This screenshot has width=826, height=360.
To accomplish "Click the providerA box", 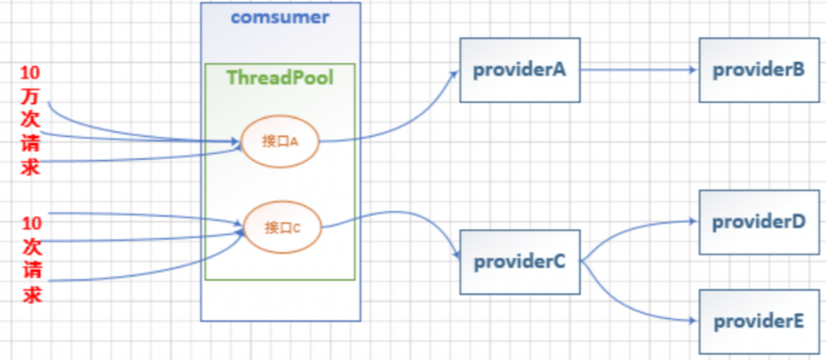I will [x=519, y=71].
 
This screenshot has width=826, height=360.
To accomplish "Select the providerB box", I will [x=757, y=71].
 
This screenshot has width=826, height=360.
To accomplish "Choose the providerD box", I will [x=757, y=221].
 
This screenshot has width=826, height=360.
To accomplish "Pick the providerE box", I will [x=757, y=321].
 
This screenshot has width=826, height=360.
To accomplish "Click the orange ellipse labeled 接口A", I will [x=279, y=141].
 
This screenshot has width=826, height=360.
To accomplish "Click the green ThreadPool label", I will [x=280, y=78].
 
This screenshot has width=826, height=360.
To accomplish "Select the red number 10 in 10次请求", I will [x=31, y=223].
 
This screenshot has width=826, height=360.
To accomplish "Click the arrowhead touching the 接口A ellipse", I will [x=235, y=143].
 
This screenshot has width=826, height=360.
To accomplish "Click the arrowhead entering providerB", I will [x=693, y=71].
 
